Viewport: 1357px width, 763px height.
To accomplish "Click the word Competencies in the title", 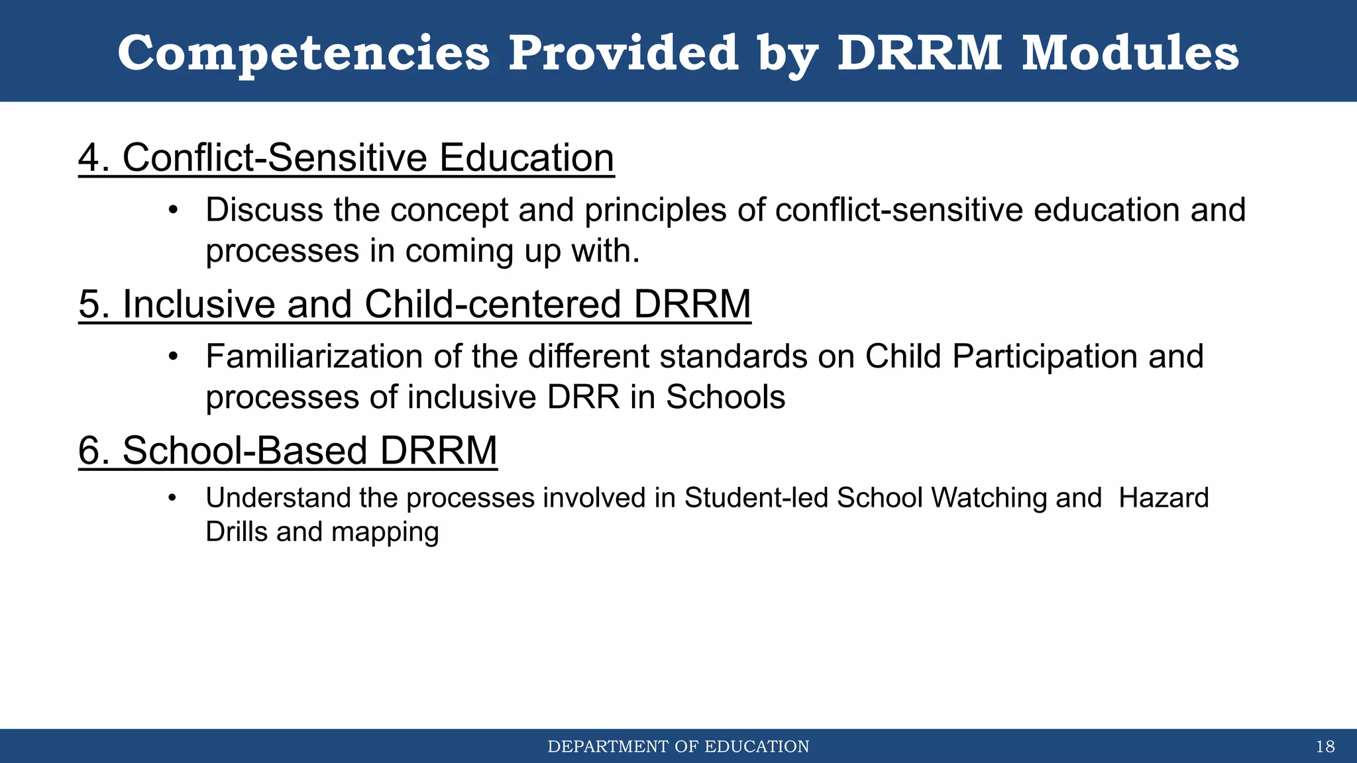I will coord(303,53).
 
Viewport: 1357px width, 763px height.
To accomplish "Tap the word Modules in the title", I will coord(1130,53).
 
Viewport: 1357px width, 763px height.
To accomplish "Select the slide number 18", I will coord(1325,747).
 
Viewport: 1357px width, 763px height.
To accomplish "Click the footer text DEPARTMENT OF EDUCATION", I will coord(678,747).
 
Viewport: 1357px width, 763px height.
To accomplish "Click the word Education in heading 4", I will coord(526,159).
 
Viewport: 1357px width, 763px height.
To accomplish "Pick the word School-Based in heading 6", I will coord(245,452).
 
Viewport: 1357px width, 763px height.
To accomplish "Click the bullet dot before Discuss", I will coord(173,211).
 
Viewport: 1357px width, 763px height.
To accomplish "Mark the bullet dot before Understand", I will coord(173,498).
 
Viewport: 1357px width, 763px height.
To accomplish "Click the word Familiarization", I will coord(315,357).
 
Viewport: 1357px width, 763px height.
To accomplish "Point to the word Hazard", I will coord(1164,498).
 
